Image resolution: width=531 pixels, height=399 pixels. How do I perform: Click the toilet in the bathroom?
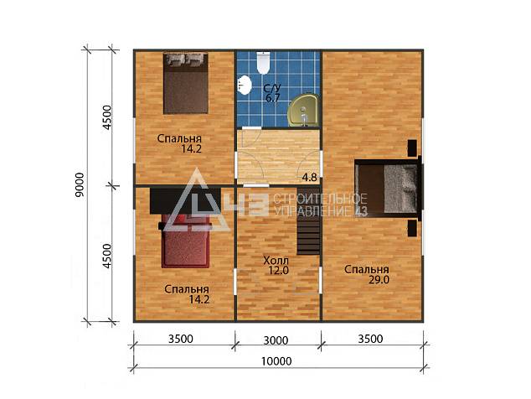tap(263, 62)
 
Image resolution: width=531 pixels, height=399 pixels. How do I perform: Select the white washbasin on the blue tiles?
tap(245, 85)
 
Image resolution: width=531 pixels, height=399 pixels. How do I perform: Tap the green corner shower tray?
tap(302, 111)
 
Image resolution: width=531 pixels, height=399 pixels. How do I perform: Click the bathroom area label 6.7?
tap(272, 99)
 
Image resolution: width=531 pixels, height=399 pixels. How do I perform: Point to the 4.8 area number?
tap(310, 178)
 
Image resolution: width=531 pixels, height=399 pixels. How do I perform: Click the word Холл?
tap(276, 261)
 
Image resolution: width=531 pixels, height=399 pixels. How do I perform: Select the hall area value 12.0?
tap(278, 271)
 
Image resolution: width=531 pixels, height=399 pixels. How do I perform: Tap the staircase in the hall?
tap(308, 220)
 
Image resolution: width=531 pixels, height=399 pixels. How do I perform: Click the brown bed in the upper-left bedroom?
tap(186, 83)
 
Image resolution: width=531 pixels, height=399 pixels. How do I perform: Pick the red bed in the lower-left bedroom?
tap(185, 241)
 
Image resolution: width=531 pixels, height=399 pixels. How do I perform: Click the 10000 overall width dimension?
tap(276, 361)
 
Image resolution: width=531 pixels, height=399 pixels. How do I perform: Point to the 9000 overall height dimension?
tap(80, 184)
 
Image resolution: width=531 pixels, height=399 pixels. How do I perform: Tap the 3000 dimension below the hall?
tap(276, 340)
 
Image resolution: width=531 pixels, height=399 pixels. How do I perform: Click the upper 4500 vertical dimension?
tap(107, 117)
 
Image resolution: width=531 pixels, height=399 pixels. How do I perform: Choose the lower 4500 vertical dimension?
tap(107, 256)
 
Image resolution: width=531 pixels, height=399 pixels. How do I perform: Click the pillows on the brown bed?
tap(186, 59)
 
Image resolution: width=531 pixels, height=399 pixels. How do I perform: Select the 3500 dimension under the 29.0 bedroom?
tap(370, 339)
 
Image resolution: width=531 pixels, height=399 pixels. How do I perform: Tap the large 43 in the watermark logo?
tap(247, 205)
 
